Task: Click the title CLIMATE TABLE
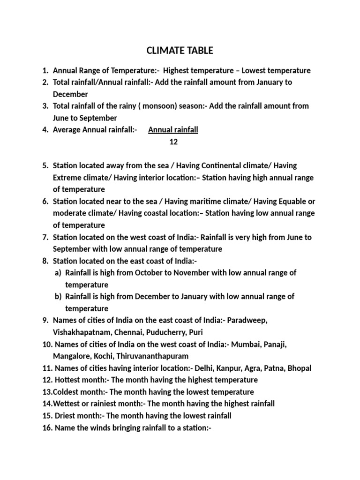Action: (x=180, y=50)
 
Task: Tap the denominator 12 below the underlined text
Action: (x=173, y=142)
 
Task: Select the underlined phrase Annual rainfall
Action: (x=173, y=130)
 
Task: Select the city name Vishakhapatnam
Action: (x=81, y=332)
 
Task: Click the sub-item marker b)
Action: (x=58, y=297)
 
